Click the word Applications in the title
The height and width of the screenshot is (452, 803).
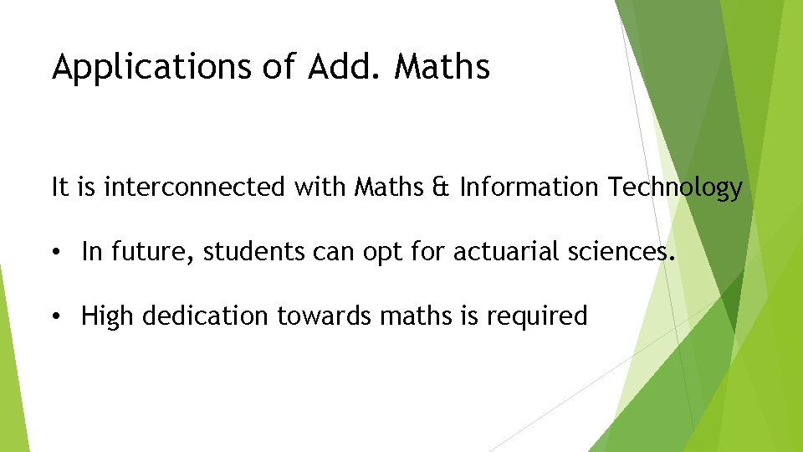[151, 67]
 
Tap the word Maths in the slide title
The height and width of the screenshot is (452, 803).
[442, 67]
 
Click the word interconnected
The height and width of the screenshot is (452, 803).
[194, 187]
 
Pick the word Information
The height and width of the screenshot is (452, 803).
[529, 187]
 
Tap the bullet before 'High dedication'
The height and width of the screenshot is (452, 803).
[55, 316]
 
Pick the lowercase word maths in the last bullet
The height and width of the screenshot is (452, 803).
[412, 316]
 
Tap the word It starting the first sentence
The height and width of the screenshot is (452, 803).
[60, 187]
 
